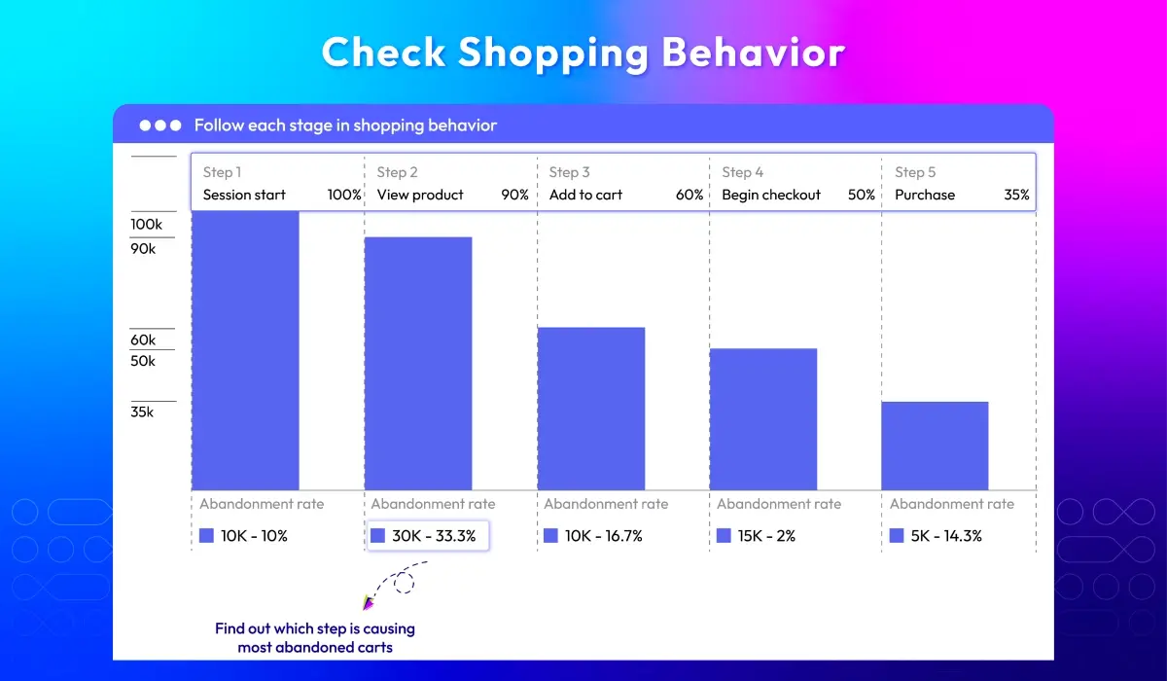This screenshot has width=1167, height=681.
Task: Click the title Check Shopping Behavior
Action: coord(583,53)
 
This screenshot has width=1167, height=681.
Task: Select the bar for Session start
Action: coord(245,350)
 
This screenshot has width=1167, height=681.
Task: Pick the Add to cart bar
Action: coord(591,409)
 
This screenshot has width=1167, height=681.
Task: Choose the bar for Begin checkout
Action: coord(763,418)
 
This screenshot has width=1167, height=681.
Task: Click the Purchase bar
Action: coord(936,446)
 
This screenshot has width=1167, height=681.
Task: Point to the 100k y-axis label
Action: coord(147,225)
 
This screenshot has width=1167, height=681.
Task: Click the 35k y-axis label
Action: coord(143,412)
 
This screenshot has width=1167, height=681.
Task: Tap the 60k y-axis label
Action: coord(144,340)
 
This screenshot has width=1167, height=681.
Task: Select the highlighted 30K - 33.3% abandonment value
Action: coord(428,536)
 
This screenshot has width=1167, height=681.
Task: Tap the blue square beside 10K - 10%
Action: coord(206,536)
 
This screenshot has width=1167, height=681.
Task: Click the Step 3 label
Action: coord(569,172)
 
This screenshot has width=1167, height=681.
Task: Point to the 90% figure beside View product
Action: coord(514,195)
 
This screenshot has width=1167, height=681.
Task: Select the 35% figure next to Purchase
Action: coord(1016,195)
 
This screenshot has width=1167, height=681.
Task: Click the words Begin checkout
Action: coord(771,195)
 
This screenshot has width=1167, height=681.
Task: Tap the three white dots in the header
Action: coord(160,125)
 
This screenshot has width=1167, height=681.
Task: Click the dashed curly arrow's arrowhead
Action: coord(369,603)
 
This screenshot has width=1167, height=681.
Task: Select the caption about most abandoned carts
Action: coord(315,637)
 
